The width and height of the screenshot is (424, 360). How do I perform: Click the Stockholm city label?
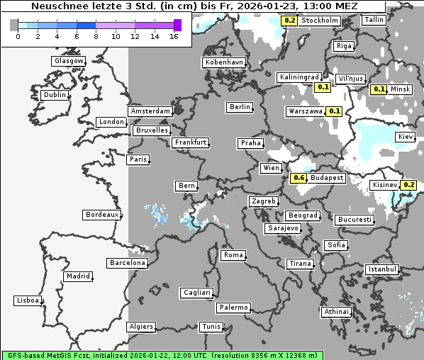click(x=319, y=21)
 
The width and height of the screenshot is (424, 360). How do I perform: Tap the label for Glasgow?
click(x=68, y=61)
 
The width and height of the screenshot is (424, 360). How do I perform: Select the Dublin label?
click(x=54, y=95)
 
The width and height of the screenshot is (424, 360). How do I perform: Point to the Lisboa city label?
click(x=27, y=300)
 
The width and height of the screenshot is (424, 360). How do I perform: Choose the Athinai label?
click(x=336, y=312)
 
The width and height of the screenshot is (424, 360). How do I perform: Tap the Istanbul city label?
click(x=382, y=270)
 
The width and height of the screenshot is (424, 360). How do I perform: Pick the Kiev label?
click(x=406, y=136)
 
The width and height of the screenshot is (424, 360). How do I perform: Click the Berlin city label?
click(x=240, y=107)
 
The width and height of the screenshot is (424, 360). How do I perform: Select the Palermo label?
click(x=233, y=308)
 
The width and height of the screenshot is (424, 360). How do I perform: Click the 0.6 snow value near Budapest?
click(x=299, y=178)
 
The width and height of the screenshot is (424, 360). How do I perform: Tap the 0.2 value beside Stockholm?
click(x=289, y=21)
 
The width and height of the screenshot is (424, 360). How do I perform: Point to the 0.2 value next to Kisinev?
click(x=409, y=185)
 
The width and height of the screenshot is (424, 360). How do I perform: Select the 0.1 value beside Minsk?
click(x=379, y=89)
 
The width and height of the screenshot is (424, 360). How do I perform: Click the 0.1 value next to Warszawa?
click(x=335, y=111)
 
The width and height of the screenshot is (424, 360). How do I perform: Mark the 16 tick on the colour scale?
click(x=174, y=36)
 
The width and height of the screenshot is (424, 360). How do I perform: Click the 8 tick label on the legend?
click(x=96, y=36)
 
